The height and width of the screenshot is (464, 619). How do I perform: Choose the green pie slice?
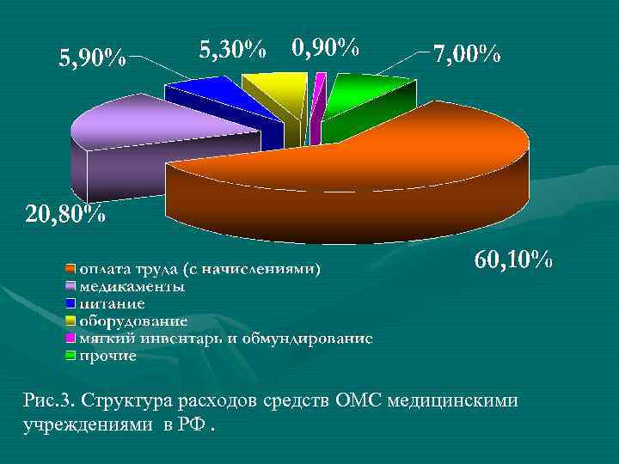point(365,90)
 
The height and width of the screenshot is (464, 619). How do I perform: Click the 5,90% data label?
point(92,58)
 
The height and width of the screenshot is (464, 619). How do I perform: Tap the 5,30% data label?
point(233,49)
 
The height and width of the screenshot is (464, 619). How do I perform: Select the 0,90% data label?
point(325,47)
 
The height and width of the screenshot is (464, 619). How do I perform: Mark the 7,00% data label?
point(466,55)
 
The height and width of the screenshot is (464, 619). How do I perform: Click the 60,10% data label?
point(513,259)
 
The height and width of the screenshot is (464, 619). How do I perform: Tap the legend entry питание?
point(112,304)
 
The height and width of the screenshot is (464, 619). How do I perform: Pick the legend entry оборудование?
point(133,321)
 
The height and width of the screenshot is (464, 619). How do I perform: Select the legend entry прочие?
point(108,356)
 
